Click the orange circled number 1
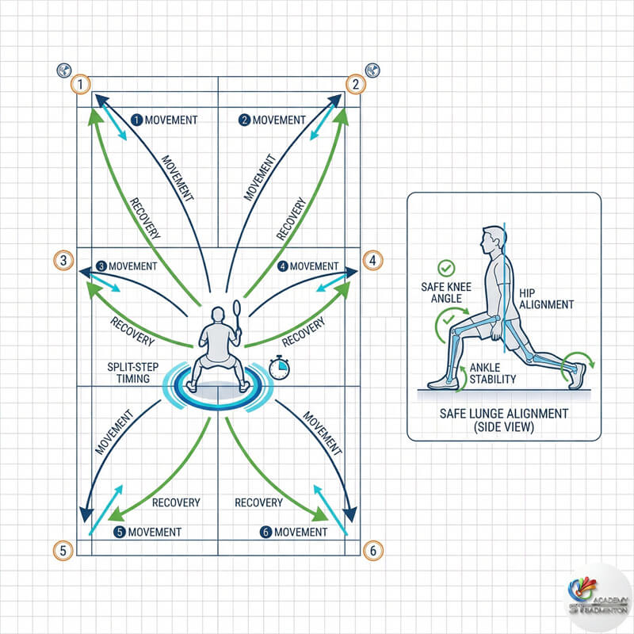point(80,84)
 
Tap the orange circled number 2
point(356,84)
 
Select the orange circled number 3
point(63,259)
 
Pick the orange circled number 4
point(373,259)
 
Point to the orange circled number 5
point(63,549)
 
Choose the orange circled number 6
point(372,549)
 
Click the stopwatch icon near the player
point(279,367)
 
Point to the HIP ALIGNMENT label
point(546,299)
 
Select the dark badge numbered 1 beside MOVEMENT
point(136,120)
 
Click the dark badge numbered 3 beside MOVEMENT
point(101,266)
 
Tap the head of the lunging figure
point(491,238)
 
